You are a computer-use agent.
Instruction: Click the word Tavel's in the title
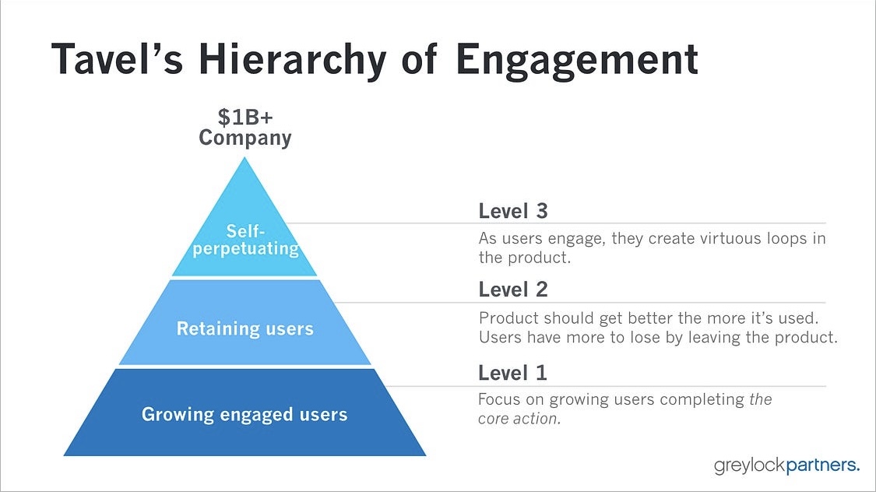(118, 58)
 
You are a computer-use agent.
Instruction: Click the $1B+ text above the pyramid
(245, 118)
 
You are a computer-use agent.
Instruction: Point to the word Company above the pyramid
(245, 138)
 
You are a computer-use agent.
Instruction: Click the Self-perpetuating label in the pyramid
(246, 240)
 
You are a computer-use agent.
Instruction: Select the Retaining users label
(245, 328)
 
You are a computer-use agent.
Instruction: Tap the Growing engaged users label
(245, 415)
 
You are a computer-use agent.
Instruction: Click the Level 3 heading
(513, 211)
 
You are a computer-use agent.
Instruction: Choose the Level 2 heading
(513, 290)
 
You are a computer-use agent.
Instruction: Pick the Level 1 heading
(512, 373)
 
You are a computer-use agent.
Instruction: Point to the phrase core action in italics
(519, 419)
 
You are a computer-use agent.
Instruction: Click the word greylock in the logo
(750, 465)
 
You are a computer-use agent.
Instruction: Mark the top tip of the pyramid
(245, 157)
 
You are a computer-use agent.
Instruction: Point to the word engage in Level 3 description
(576, 240)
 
